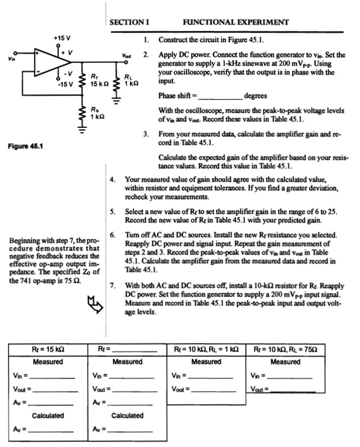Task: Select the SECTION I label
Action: pyautogui.click(x=130, y=22)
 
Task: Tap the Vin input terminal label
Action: pyautogui.click(x=8, y=53)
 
